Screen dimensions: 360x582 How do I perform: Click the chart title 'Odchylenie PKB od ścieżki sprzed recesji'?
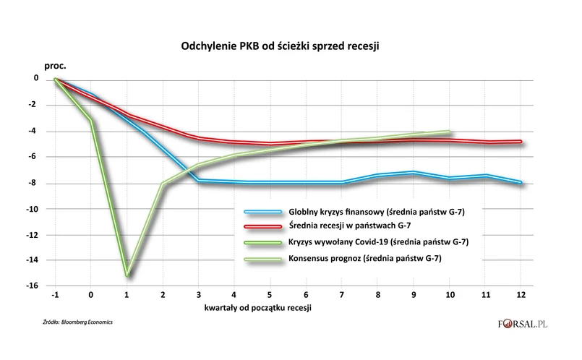click(x=280, y=46)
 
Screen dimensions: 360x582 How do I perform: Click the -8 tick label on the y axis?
click(x=33, y=183)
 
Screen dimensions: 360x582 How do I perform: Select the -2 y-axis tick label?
click(x=33, y=105)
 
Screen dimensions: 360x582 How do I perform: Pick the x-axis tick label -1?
click(x=55, y=296)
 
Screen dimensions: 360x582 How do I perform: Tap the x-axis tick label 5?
click(x=269, y=296)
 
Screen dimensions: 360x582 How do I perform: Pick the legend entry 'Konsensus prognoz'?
click(x=365, y=259)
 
